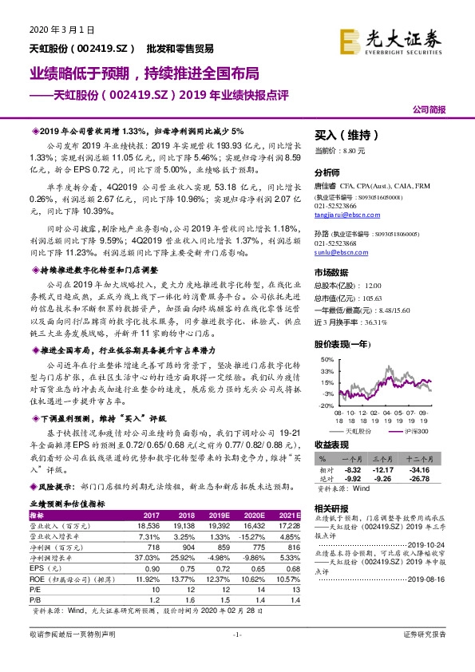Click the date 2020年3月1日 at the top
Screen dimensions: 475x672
coord(50,30)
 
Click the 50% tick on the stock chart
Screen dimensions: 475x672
coord(325,360)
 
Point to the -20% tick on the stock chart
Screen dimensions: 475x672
coord(325,405)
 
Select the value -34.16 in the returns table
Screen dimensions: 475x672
coord(429,470)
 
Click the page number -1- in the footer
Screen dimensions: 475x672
coord(236,634)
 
